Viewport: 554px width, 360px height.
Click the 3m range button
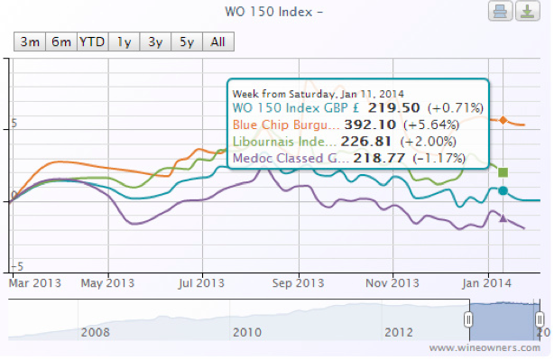pyautogui.click(x=30, y=42)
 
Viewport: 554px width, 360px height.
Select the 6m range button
pyautogui.click(x=61, y=42)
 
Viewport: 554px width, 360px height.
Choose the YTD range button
pyautogui.click(x=92, y=42)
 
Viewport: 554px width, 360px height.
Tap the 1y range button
pyautogui.click(x=124, y=42)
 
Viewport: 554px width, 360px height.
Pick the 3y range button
pyautogui.click(x=155, y=42)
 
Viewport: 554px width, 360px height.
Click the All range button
pyautogui.click(x=217, y=42)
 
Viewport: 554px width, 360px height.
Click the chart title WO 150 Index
pyautogui.click(x=272, y=12)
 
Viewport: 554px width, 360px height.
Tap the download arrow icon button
pyautogui.click(x=524, y=12)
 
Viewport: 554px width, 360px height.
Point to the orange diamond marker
pyautogui.click(x=503, y=121)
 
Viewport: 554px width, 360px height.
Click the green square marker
pyautogui.click(x=503, y=171)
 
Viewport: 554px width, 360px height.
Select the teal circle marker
pyautogui.click(x=503, y=191)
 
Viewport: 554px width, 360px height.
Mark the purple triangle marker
pyautogui.click(x=503, y=217)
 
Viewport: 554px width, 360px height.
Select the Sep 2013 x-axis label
pyautogui.click(x=298, y=282)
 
